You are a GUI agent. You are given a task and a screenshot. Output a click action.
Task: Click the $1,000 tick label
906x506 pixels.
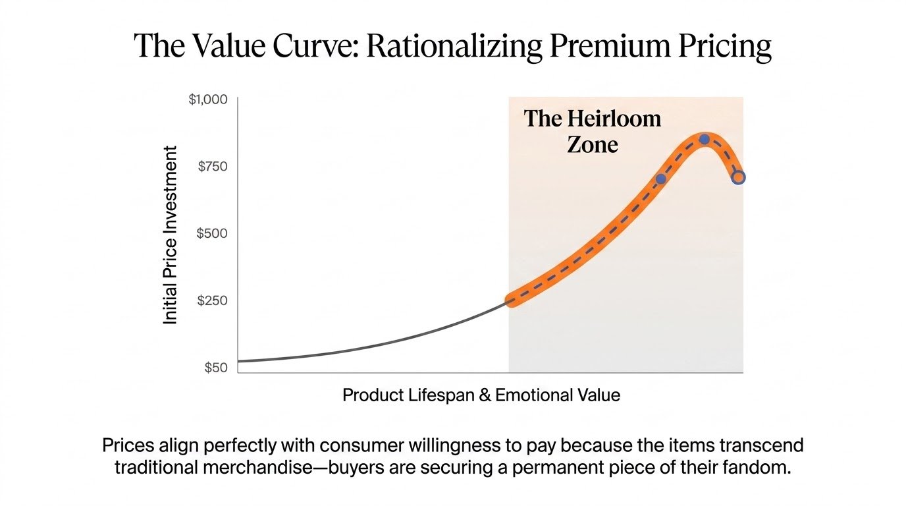click(208, 99)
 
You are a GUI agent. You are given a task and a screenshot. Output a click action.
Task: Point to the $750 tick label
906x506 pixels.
click(212, 167)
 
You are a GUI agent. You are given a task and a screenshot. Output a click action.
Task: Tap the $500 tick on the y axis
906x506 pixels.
click(212, 234)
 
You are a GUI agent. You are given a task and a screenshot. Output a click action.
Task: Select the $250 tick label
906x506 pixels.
click(212, 300)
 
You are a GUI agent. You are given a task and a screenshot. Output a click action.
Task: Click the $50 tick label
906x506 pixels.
click(216, 368)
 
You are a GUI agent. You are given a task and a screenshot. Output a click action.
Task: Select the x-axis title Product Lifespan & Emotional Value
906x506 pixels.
click(481, 395)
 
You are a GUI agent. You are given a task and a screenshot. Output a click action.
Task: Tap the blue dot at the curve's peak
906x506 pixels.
click(704, 139)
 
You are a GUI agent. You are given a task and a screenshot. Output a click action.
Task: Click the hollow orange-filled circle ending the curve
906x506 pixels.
click(738, 177)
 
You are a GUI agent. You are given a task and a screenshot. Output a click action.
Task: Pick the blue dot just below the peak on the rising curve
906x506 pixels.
click(660, 179)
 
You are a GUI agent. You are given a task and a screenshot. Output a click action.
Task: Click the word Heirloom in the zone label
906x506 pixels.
click(614, 119)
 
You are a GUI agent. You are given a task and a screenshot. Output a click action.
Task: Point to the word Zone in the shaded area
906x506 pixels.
click(593, 145)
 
